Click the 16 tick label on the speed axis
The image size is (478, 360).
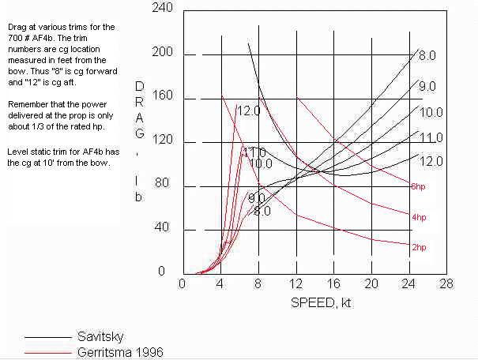[x=334, y=284]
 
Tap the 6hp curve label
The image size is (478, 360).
[x=419, y=186]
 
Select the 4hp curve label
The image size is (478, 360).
[x=419, y=216]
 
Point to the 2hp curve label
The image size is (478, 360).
[x=419, y=246]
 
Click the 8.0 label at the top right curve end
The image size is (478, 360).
[x=427, y=56]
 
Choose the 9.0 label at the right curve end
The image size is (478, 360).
[x=427, y=86]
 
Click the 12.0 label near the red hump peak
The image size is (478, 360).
[x=247, y=111]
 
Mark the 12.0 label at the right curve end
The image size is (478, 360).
[x=430, y=162]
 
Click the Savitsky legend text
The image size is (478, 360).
[x=100, y=335]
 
